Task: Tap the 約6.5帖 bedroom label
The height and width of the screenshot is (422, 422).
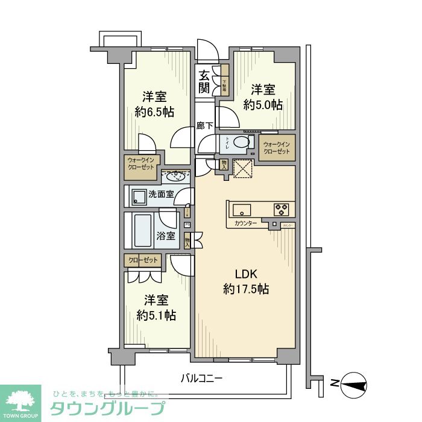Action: (x=155, y=104)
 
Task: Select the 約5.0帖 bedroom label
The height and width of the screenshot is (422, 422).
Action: (x=263, y=96)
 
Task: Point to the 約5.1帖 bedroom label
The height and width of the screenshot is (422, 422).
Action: (x=156, y=307)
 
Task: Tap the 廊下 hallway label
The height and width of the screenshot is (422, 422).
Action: (x=205, y=126)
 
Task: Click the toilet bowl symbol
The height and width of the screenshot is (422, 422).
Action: (x=242, y=143)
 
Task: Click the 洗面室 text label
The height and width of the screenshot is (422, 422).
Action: (x=161, y=194)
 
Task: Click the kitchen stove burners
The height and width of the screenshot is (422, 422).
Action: (x=281, y=210)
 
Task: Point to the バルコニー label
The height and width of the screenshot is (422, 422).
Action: (x=202, y=379)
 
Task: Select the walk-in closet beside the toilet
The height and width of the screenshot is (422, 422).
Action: (x=277, y=148)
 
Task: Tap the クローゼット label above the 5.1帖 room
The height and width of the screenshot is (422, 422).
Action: (x=143, y=260)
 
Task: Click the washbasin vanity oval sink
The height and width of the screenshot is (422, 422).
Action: (x=176, y=177)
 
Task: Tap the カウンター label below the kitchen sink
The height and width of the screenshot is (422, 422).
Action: (x=242, y=224)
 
